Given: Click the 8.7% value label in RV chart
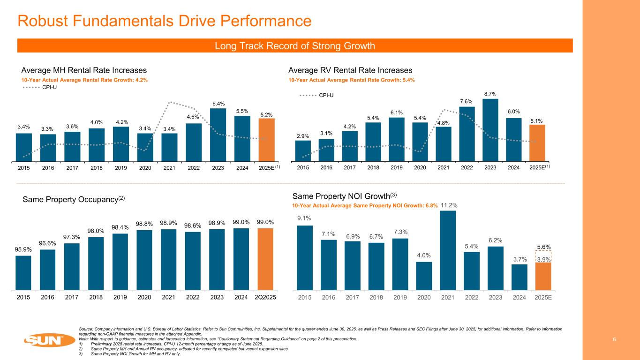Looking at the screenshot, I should pyautogui.click(x=490, y=94).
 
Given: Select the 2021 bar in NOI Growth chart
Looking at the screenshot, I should pyautogui.click(x=448, y=251).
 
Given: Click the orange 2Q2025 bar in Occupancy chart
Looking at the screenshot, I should pyautogui.click(x=265, y=259).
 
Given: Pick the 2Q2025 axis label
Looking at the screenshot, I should pyautogui.click(x=265, y=298).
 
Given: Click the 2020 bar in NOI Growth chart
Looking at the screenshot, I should pyautogui.click(x=424, y=276).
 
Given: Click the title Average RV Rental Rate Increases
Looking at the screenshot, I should pyautogui.click(x=350, y=70).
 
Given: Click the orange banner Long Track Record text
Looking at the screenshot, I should pyautogui.click(x=294, y=45).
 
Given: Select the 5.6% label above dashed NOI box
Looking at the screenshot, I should pyautogui.click(x=543, y=247).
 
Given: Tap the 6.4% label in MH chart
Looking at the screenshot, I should pyautogui.click(x=218, y=104).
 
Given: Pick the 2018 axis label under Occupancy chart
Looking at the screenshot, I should pyautogui.click(x=96, y=298).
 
